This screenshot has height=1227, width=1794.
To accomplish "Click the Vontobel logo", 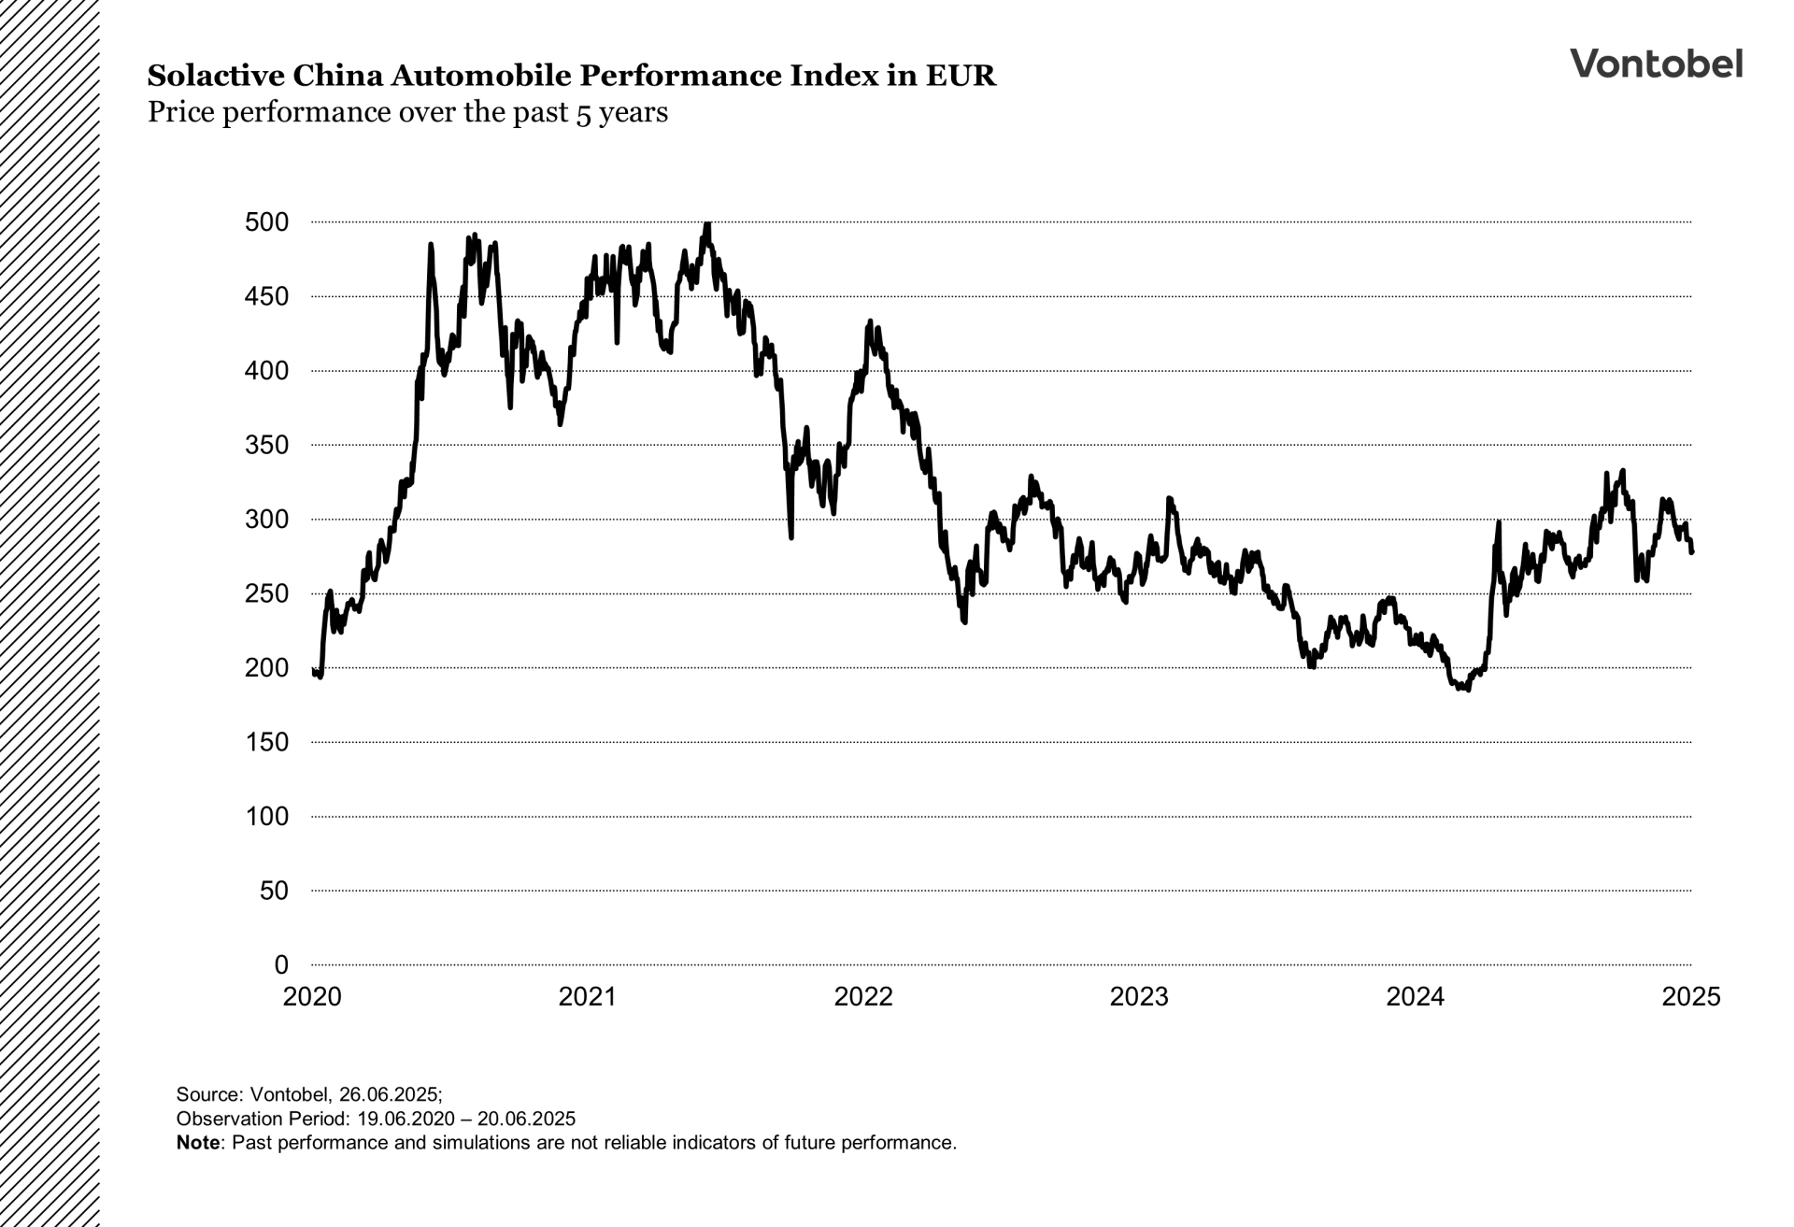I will click(x=1656, y=64).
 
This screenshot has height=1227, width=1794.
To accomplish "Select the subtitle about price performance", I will click(x=407, y=113).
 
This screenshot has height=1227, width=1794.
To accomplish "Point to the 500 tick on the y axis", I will click(x=267, y=222).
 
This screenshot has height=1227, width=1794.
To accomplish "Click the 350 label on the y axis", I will click(x=267, y=445).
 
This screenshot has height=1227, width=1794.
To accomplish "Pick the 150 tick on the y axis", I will click(x=267, y=742).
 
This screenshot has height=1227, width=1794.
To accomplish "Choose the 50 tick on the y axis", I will click(x=275, y=891).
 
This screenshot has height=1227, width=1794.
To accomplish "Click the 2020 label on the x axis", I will click(x=312, y=997).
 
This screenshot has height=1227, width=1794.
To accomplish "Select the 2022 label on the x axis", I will click(x=863, y=997).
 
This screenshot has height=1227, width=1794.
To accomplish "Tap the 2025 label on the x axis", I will click(x=1690, y=997).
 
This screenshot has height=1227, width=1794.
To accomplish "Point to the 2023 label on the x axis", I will click(x=1139, y=997).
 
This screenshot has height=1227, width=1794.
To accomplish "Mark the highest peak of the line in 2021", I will click(x=707, y=223).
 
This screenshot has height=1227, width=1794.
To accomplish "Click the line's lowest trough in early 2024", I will click(x=1469, y=690).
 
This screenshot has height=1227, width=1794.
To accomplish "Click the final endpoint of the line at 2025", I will click(x=1691, y=552).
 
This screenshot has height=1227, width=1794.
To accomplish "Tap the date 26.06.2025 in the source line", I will click(x=389, y=1094).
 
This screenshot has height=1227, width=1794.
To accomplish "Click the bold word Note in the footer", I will click(x=198, y=1142).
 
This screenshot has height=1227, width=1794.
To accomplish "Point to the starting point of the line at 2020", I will click(x=313, y=670).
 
